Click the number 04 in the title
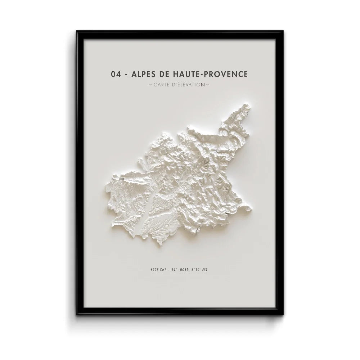tap(116, 75)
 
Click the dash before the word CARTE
tap(150, 85)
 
